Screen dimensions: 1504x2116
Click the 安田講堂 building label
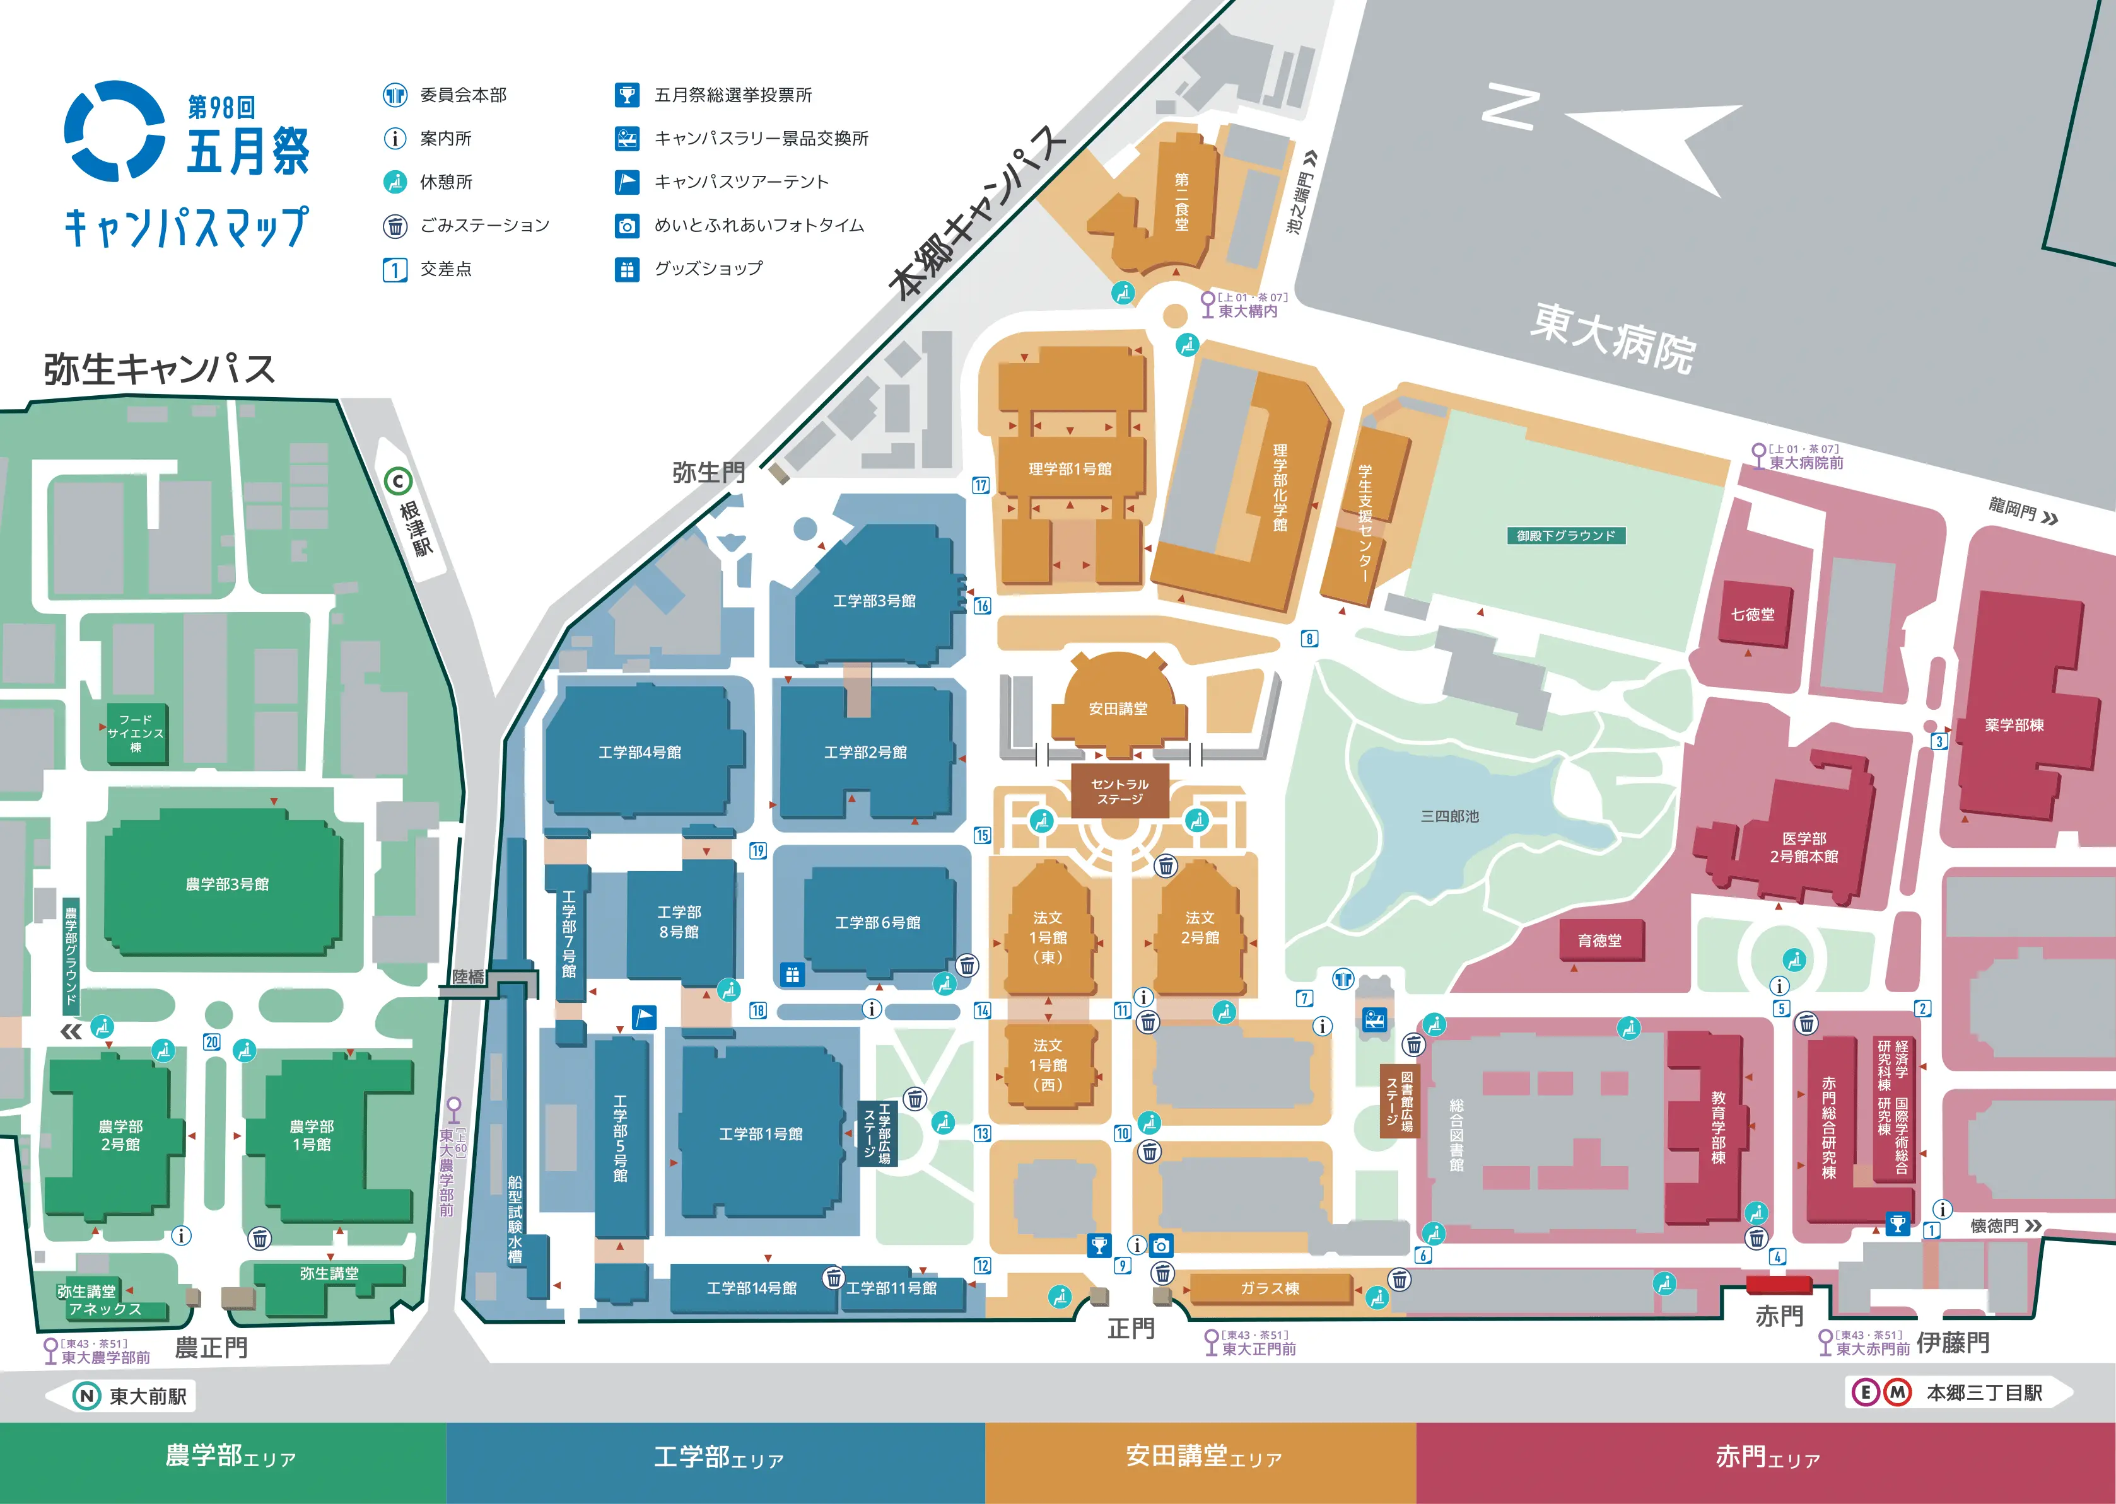point(1118,709)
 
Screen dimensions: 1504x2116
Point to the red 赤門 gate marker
point(1778,1285)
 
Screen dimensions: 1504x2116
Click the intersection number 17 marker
point(980,485)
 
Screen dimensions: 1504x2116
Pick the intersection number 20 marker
point(212,1042)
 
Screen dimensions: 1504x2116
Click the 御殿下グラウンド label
point(1565,535)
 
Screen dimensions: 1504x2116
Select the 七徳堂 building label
point(1753,614)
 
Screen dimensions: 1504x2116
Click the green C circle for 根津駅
point(399,481)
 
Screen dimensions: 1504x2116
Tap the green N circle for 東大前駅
point(87,1396)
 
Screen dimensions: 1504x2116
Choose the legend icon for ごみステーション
point(395,226)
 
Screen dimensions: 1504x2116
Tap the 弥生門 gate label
point(709,472)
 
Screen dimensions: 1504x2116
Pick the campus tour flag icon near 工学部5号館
point(644,1017)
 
